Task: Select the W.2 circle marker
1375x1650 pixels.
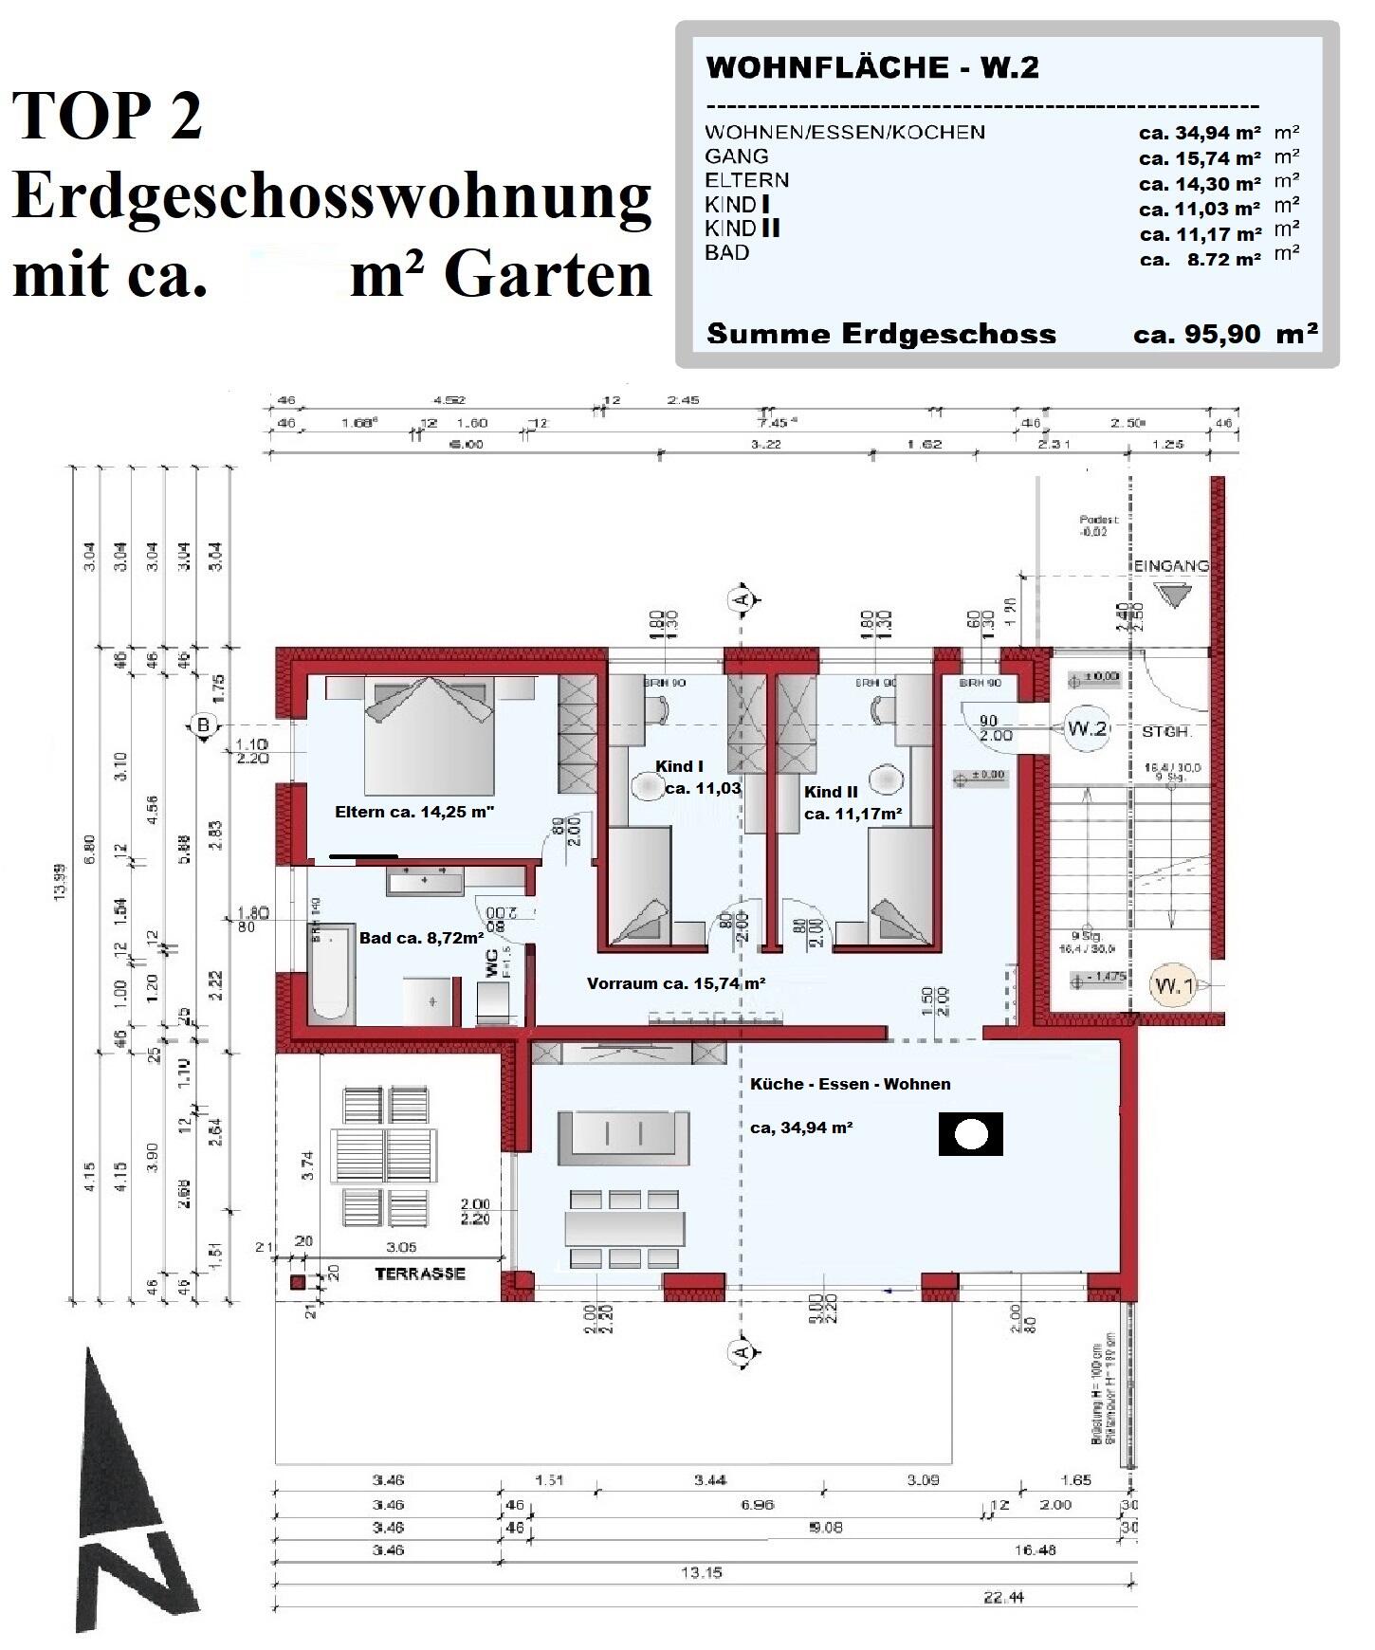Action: pos(1087,728)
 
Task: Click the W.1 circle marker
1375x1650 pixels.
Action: pos(1173,986)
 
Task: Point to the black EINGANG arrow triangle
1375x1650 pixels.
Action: pos(1172,596)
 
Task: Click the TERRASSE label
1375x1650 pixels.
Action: pos(420,1274)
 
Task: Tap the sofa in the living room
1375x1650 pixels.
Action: pos(622,1135)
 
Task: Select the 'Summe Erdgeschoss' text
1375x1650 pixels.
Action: pos(881,334)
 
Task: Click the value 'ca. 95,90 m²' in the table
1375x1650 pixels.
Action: pos(1224,334)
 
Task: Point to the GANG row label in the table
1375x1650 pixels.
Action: pos(737,156)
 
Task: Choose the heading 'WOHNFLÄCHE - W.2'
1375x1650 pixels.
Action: pos(872,67)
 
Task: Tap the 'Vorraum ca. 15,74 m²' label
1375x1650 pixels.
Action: pos(676,983)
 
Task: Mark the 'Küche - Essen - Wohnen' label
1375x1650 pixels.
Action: pos(850,1084)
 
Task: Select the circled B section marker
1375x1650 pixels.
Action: pos(202,726)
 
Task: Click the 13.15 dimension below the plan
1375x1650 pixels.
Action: pos(701,1572)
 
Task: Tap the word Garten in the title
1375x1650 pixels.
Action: pos(548,276)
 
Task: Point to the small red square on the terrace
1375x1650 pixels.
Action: pos(298,1283)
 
